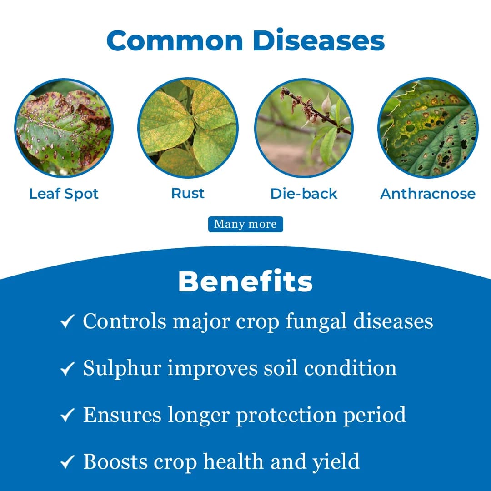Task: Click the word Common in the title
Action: (x=175, y=40)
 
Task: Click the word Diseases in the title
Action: (x=319, y=40)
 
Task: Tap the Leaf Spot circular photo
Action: (x=64, y=128)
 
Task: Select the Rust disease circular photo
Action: (x=188, y=128)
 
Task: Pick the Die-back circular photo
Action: (x=304, y=128)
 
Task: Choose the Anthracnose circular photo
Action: (x=428, y=128)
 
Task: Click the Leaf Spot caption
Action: (x=64, y=194)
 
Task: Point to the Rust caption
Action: (x=188, y=193)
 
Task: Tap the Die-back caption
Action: (x=304, y=194)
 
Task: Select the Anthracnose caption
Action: (x=428, y=194)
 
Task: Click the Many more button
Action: (x=245, y=224)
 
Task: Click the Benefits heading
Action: (x=245, y=282)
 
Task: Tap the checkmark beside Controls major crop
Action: (x=67, y=322)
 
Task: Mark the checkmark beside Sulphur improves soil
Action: (x=67, y=369)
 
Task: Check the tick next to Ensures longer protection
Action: (x=67, y=416)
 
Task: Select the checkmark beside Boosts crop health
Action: (x=67, y=462)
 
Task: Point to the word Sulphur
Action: (x=122, y=368)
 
